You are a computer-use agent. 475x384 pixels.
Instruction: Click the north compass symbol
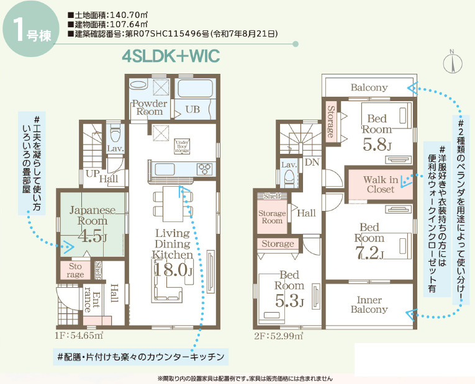tap(453, 62)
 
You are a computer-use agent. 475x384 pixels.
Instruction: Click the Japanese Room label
tap(88, 215)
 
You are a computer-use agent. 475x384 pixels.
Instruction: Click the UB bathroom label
tap(192, 109)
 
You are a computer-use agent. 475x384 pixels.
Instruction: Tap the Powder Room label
tap(149, 107)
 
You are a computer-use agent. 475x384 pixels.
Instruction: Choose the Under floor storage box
tap(182, 146)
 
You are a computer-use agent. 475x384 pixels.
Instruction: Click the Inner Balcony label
tap(369, 304)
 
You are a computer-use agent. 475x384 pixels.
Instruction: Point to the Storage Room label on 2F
tap(271, 217)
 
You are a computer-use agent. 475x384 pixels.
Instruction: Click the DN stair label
tap(310, 163)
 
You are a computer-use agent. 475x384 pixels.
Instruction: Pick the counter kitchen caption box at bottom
tap(140, 357)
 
